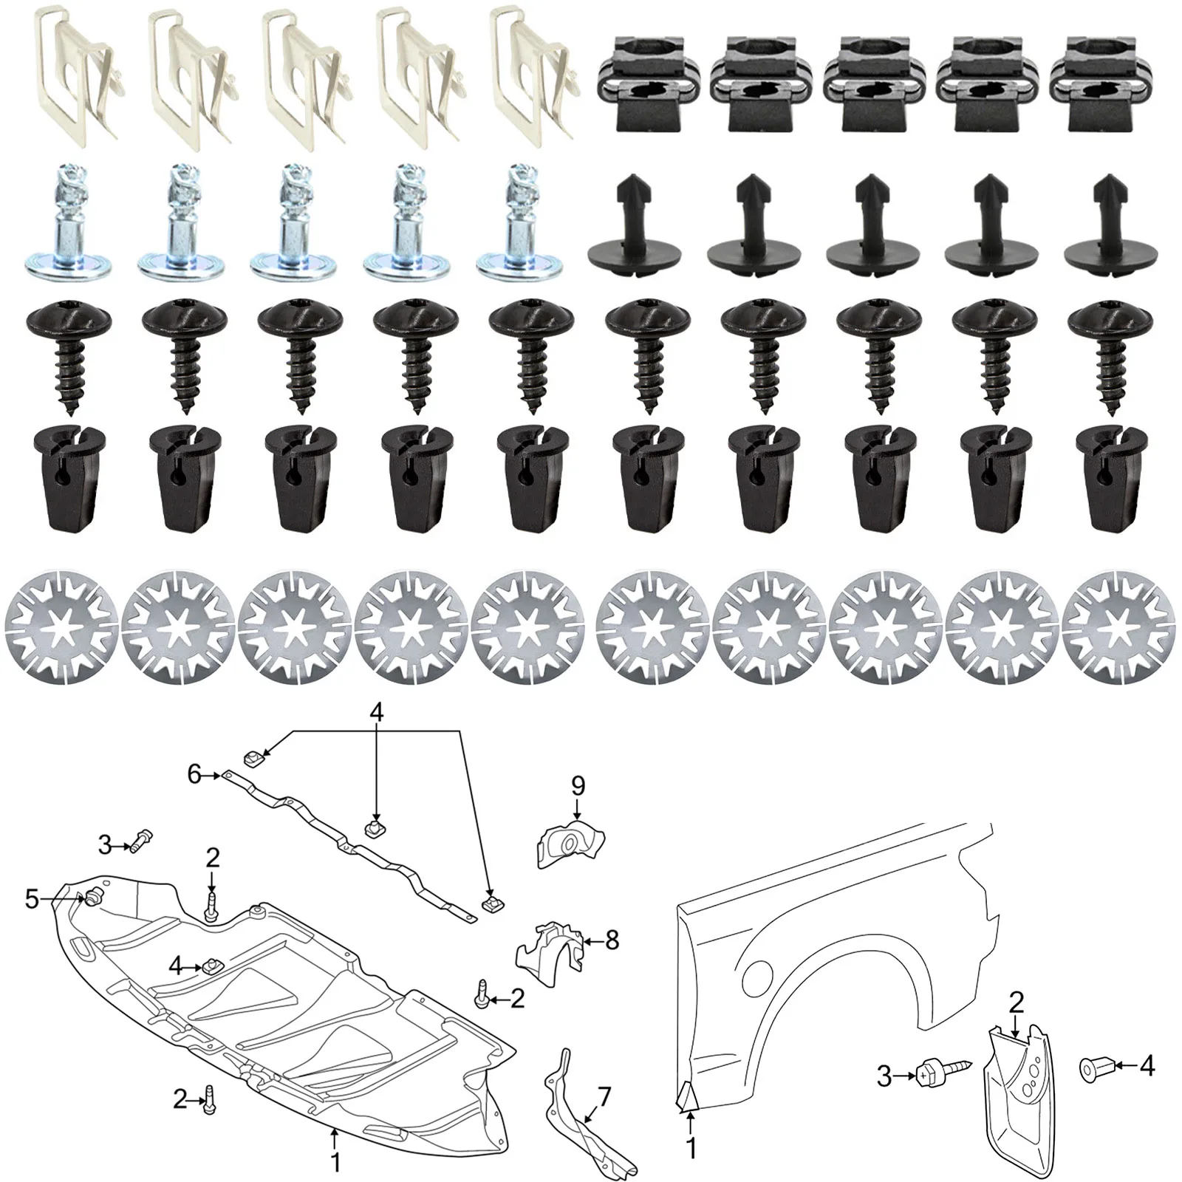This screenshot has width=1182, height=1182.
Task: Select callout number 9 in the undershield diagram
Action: coord(578,785)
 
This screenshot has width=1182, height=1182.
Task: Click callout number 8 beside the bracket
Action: coord(612,940)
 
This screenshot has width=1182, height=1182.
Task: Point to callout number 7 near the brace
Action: coord(604,1097)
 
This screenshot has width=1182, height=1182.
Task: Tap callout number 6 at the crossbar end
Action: coord(194,774)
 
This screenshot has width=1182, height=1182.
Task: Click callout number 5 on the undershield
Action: coord(32,899)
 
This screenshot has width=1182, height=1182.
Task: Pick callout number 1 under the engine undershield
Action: coord(335,1162)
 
